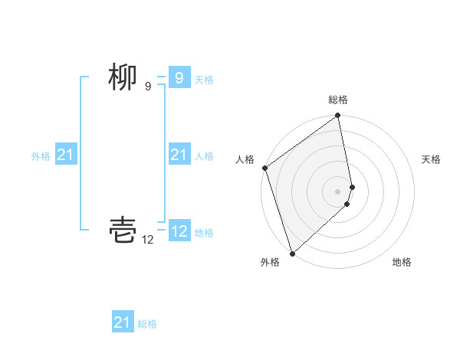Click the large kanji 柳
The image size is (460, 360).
coord(123,77)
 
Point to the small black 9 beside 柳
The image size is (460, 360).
coord(148,87)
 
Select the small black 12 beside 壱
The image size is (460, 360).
coord(148,240)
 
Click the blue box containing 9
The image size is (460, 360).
coord(179,77)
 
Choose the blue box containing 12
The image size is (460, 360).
coord(179,231)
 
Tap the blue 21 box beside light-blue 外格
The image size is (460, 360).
coord(66,155)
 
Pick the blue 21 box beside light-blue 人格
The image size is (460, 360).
coord(179,155)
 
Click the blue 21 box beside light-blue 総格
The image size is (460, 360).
coord(122,322)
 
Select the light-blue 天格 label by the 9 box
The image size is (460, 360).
coord(204,79)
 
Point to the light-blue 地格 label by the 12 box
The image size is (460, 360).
coord(204,233)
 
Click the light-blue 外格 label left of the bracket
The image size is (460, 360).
coord(41,156)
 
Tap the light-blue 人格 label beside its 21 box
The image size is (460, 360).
coord(204,156)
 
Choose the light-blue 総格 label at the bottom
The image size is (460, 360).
coord(147,324)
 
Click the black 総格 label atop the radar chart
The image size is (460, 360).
coord(338,100)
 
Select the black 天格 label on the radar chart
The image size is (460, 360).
coord(432,159)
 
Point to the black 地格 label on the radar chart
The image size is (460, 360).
coord(402,262)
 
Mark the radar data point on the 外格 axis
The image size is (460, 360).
coord(292,254)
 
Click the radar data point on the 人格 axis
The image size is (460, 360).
coord(264,169)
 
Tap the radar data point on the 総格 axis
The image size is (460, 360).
coord(338,116)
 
